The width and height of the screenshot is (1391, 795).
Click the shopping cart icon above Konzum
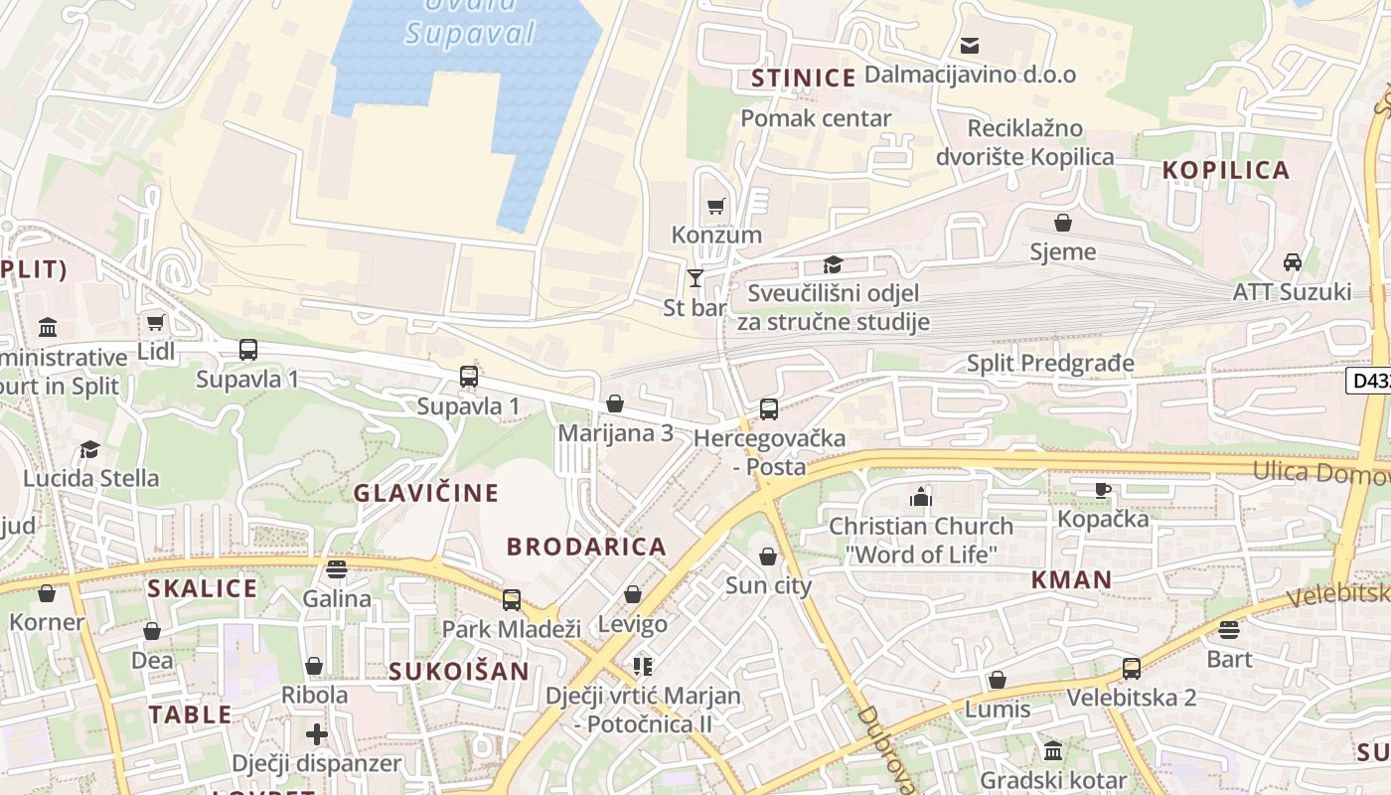(715, 207)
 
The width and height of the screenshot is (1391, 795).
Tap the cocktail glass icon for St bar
(695, 278)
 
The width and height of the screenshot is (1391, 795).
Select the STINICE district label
(803, 79)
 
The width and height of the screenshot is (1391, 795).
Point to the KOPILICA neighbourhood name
(1226, 170)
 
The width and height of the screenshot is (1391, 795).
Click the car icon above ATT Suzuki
(1292, 262)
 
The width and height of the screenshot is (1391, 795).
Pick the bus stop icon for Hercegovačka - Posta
(768, 408)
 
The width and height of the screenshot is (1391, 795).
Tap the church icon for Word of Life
(921, 496)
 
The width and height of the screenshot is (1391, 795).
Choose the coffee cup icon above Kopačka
(1102, 489)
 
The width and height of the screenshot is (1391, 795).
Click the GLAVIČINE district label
(426, 493)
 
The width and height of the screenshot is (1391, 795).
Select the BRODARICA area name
(586, 547)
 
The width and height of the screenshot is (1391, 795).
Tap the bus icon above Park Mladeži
(511, 599)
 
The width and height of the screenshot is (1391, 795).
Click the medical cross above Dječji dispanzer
(316, 734)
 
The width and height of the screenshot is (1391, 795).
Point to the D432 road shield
(1369, 380)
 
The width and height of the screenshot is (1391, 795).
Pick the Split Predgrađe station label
(1050, 363)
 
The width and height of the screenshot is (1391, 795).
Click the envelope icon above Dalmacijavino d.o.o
(969, 46)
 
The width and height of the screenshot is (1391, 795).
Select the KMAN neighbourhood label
(1071, 579)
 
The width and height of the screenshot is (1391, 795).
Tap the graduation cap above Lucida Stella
(90, 449)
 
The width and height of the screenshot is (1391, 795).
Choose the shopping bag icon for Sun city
(768, 556)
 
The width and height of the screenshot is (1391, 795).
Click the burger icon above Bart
(1229, 629)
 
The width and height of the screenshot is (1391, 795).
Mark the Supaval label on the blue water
(469, 33)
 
